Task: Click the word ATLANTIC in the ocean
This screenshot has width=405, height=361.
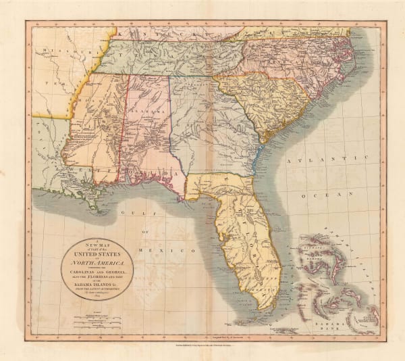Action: point(323,160)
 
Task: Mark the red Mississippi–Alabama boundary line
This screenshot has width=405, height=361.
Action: point(122,135)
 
